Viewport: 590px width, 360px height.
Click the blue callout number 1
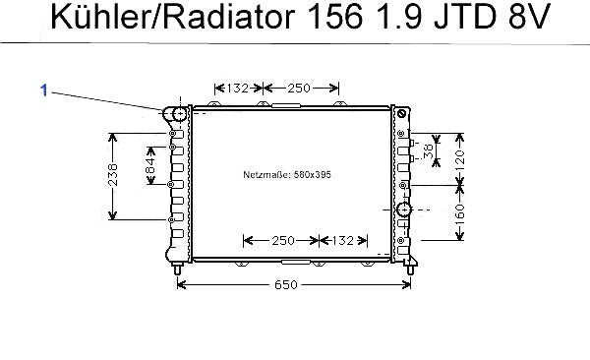(x=44, y=90)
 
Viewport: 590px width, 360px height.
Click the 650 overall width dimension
(x=286, y=284)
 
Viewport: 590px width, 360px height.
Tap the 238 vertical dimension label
(x=112, y=175)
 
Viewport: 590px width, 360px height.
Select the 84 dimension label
(x=150, y=165)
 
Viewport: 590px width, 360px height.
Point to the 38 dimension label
(x=429, y=150)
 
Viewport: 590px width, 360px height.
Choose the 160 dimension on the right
(x=460, y=213)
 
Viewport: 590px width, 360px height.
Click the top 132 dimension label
(x=238, y=89)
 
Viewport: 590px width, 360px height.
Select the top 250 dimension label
(x=299, y=89)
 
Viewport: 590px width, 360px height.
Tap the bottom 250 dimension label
(x=283, y=240)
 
